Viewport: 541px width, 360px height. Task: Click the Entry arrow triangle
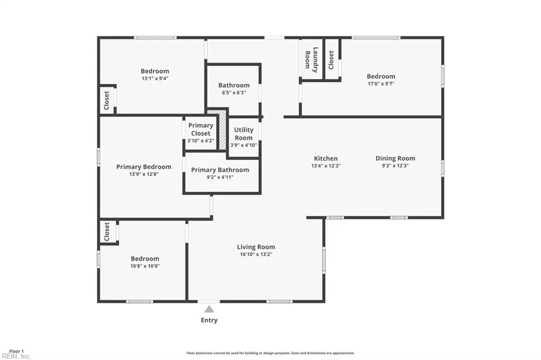tap(209, 309)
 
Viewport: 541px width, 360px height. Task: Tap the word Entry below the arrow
tap(209, 320)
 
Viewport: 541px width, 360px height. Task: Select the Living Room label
tap(256, 247)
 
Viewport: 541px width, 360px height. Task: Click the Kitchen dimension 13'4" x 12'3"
tap(325, 166)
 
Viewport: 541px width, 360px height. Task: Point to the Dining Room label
tap(395, 158)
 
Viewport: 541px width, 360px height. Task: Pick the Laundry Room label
tap(311, 60)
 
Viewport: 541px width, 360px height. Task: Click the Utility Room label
tap(244, 134)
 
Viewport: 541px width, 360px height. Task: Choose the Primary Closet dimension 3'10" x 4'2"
tap(200, 141)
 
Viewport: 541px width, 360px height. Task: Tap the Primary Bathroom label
tap(220, 170)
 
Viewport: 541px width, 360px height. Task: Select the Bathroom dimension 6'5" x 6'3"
tap(234, 93)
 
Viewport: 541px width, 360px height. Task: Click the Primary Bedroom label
tap(144, 167)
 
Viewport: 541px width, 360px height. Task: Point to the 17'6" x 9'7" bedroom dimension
tap(381, 84)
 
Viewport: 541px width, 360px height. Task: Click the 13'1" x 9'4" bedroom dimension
tap(155, 79)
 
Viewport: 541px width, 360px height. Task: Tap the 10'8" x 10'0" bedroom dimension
tap(145, 266)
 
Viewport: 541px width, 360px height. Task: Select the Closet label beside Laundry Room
tap(331, 60)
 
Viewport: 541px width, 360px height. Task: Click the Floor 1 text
tap(16, 352)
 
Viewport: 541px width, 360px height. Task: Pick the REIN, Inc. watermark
tap(16, 356)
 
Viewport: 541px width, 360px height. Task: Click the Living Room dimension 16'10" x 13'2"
tap(256, 254)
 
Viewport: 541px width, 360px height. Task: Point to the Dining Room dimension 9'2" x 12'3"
tap(395, 166)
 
